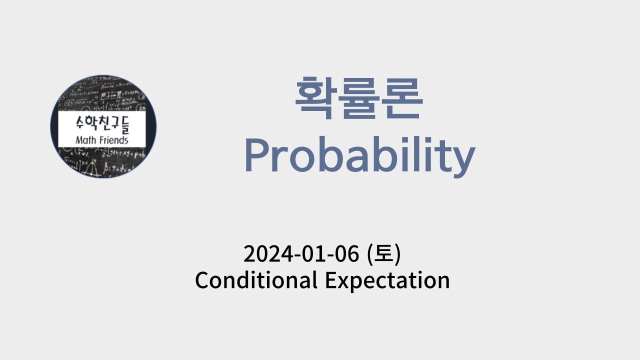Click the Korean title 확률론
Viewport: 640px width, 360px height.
coord(358,98)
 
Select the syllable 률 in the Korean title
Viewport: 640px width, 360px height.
coord(359,98)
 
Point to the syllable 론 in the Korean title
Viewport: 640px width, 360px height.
coord(401,98)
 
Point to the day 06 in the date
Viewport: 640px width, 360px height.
coord(346,254)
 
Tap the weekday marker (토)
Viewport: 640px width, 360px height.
coord(384,254)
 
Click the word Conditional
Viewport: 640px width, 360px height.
coord(256,280)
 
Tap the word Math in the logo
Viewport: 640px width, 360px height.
coord(85,140)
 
